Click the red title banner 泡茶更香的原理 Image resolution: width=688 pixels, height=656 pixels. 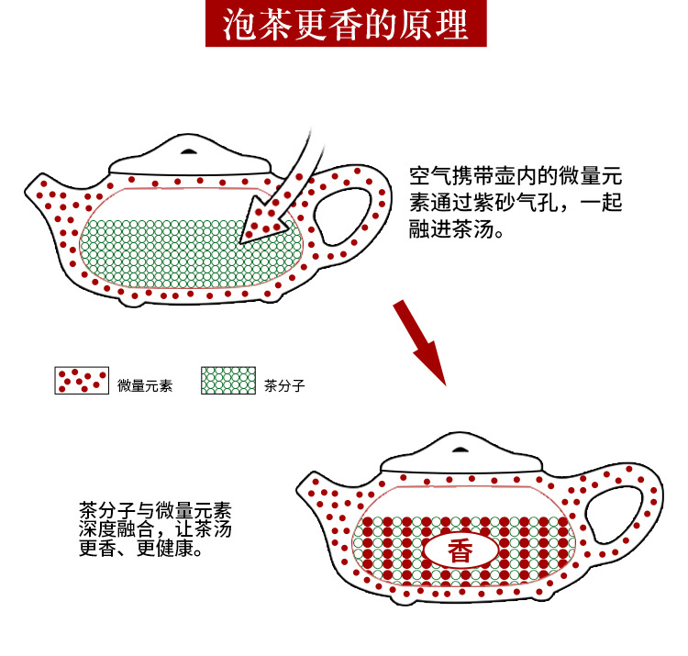click(x=344, y=26)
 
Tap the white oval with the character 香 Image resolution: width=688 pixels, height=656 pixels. click(x=460, y=550)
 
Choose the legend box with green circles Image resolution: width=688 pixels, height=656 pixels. click(x=227, y=380)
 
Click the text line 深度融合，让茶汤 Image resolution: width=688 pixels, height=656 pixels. click(x=154, y=530)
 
